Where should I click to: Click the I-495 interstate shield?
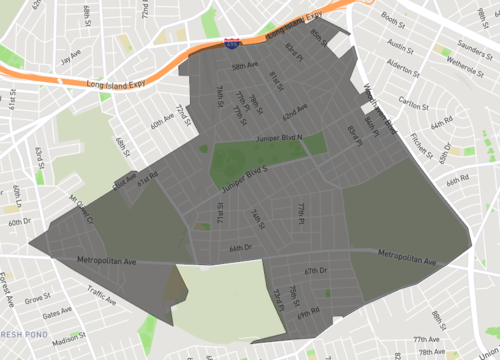[x=232, y=45]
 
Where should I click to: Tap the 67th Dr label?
[x=317, y=271]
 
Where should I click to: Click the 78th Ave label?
[x=432, y=352]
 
